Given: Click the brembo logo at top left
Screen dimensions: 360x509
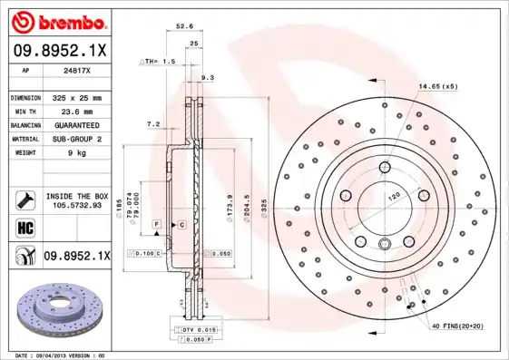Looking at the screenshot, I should [57, 21].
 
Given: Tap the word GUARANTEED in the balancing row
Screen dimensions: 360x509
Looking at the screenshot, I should [76, 124].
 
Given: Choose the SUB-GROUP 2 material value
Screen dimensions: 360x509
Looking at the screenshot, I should [76, 139].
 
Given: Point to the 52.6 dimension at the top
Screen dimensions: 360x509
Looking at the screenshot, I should [183, 27].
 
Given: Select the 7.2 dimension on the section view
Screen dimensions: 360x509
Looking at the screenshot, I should [152, 123].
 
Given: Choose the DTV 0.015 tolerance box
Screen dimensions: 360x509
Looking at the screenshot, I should [195, 329].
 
